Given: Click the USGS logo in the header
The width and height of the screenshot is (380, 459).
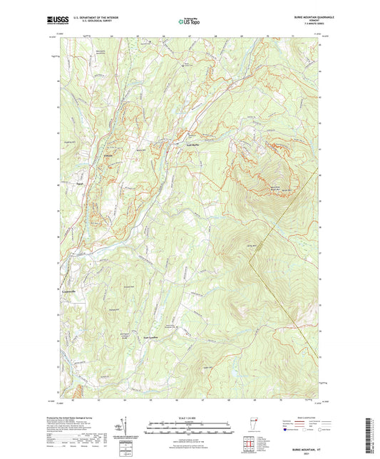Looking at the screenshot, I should pyautogui.click(x=53, y=21).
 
